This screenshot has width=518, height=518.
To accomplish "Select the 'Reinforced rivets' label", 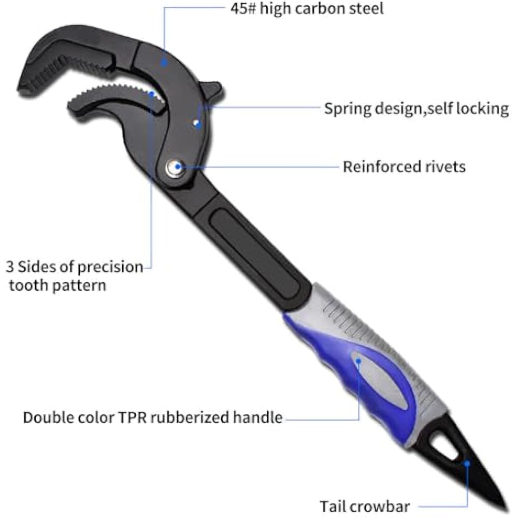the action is pyautogui.click(x=404, y=167).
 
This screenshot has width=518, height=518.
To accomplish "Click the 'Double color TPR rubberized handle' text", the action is pyautogui.click(x=153, y=418).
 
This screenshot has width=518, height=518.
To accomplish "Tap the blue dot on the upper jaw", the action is pyautogui.click(x=164, y=62).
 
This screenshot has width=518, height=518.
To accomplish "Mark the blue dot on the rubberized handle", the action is pyautogui.click(x=357, y=358).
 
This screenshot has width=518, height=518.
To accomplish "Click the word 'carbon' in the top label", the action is pyautogui.click(x=328, y=9).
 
